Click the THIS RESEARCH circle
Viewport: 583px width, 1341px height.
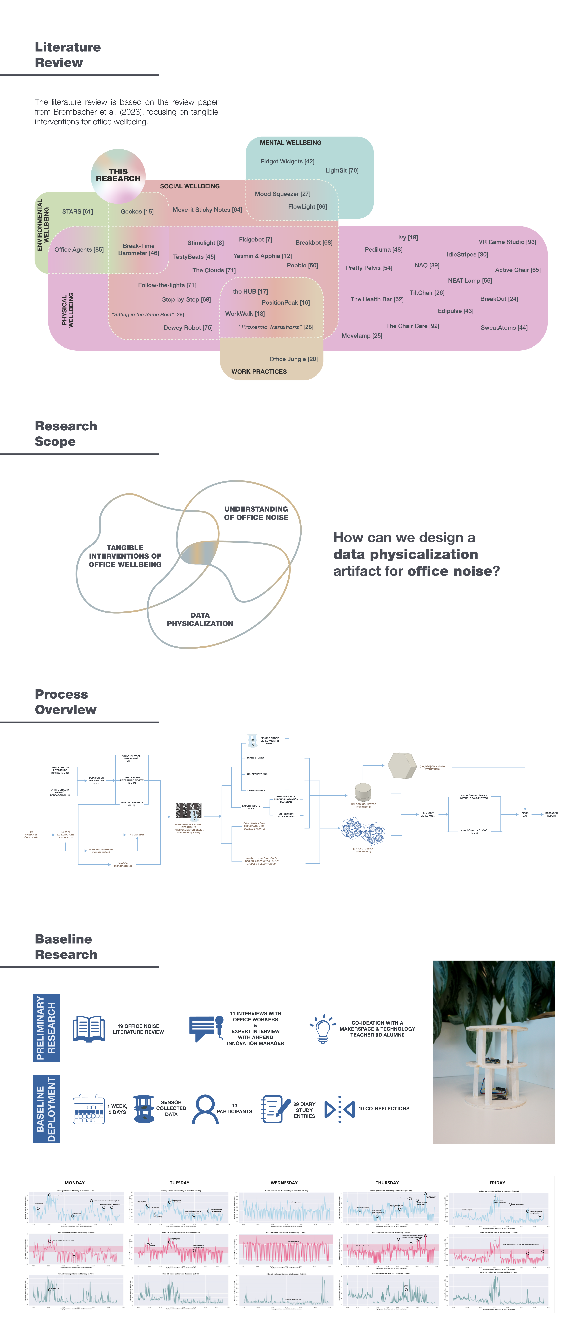pyautogui.click(x=118, y=175)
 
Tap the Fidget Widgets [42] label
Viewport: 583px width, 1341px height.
pyautogui.click(x=287, y=161)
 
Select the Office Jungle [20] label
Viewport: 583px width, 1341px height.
pyautogui.click(x=293, y=359)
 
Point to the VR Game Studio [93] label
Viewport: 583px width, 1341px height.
pyautogui.click(x=507, y=242)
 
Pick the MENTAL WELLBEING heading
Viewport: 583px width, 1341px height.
pyautogui.click(x=291, y=143)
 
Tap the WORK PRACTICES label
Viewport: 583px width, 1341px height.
pyautogui.click(x=259, y=372)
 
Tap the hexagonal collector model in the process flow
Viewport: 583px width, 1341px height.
pyautogui.click(x=402, y=766)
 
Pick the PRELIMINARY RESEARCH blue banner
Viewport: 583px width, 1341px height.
pyautogui.click(x=46, y=1028)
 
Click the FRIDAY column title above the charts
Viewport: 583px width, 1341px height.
pyautogui.click(x=497, y=1183)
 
